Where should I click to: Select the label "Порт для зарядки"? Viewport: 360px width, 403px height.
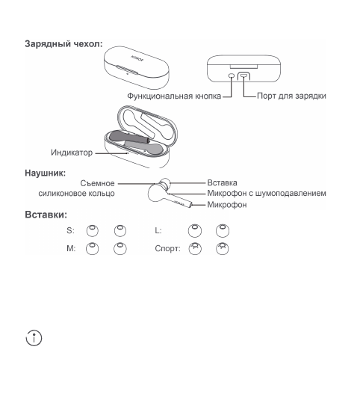tap(291, 96)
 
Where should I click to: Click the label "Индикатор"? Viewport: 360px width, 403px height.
tap(72, 153)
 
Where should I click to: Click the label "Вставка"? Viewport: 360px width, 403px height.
tap(222, 182)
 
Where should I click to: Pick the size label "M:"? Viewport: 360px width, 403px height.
tap(70, 249)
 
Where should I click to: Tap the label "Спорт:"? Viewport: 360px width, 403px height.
tap(167, 249)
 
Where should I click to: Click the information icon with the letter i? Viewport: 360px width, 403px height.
tap(34, 337)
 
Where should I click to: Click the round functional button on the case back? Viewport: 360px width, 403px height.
tap(231, 76)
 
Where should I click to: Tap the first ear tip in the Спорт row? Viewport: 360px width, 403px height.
tap(195, 248)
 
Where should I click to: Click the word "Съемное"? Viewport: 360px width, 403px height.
tap(97, 182)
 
